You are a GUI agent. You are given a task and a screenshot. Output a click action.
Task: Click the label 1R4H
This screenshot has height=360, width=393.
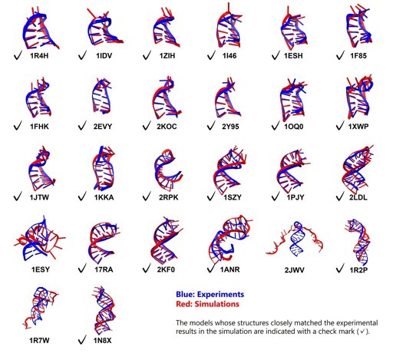pyautogui.click(x=39, y=55)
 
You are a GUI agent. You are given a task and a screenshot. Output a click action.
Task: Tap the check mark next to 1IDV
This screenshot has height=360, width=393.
pyautogui.click(x=82, y=55)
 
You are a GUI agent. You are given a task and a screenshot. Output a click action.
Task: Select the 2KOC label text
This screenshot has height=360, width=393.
pyautogui.click(x=167, y=127)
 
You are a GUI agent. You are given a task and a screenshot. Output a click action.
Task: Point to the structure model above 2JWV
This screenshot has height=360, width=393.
pyautogui.click(x=294, y=239)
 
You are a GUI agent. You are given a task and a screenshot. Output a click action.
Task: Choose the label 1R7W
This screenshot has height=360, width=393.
pyautogui.click(x=39, y=341)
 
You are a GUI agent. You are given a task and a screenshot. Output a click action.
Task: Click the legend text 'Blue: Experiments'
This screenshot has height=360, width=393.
pyautogui.click(x=210, y=294)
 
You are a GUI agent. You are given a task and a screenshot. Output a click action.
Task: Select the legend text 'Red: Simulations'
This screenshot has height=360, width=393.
pyautogui.click(x=207, y=304)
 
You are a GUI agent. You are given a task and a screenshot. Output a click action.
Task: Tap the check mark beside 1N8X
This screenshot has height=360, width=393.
pyautogui.click(x=82, y=341)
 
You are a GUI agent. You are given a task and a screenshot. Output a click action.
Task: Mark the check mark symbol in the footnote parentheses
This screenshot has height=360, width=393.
pyautogui.click(x=362, y=332)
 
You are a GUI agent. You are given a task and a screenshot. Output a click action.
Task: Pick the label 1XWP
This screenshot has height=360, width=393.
pyautogui.click(x=358, y=127)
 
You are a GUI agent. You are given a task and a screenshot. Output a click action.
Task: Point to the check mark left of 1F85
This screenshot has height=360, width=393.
pyautogui.click(x=340, y=55)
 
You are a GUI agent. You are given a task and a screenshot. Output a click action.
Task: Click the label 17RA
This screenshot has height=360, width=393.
pyautogui.click(x=104, y=269)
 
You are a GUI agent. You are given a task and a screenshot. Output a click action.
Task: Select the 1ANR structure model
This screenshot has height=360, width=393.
pyautogui.click(x=230, y=239)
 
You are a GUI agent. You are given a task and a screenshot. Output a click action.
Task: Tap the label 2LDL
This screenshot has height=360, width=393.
pyautogui.click(x=358, y=197)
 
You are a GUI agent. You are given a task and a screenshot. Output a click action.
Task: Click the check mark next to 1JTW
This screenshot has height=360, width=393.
pyautogui.click(x=18, y=197)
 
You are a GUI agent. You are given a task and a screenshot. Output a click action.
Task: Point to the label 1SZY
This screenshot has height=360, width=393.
pyautogui.click(x=233, y=197)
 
